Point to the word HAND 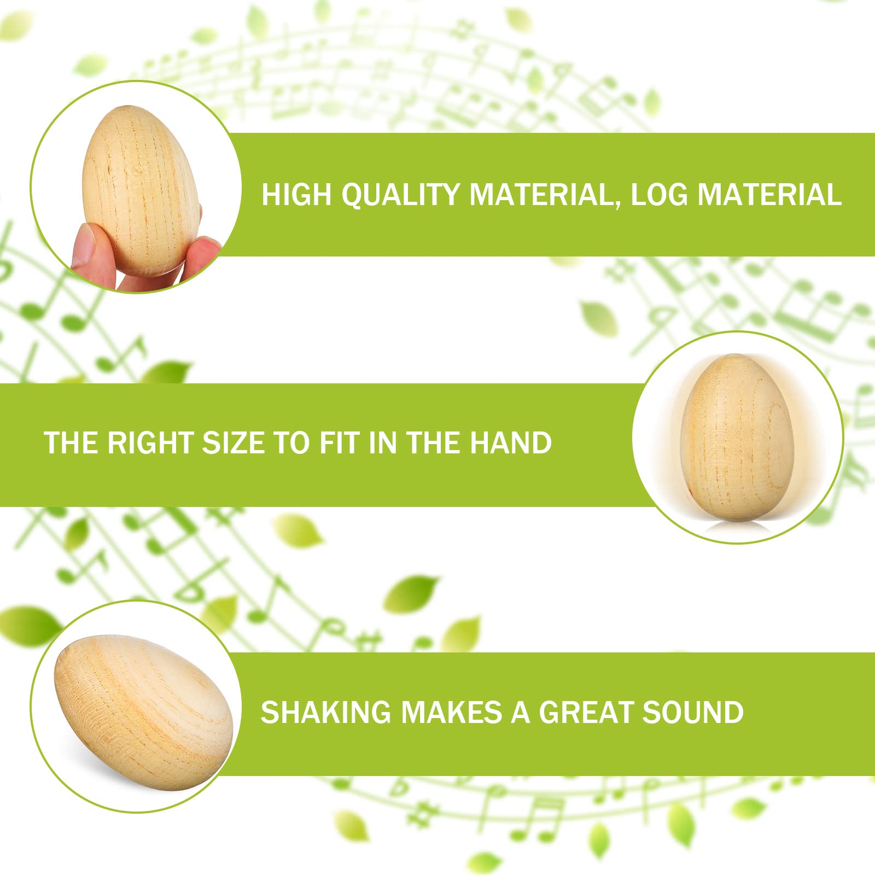[x=511, y=442]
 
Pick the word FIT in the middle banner [x=341, y=442]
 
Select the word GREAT [x=586, y=712]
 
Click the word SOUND [x=693, y=712]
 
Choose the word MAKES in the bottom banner [x=452, y=712]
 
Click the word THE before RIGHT [x=71, y=442]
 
